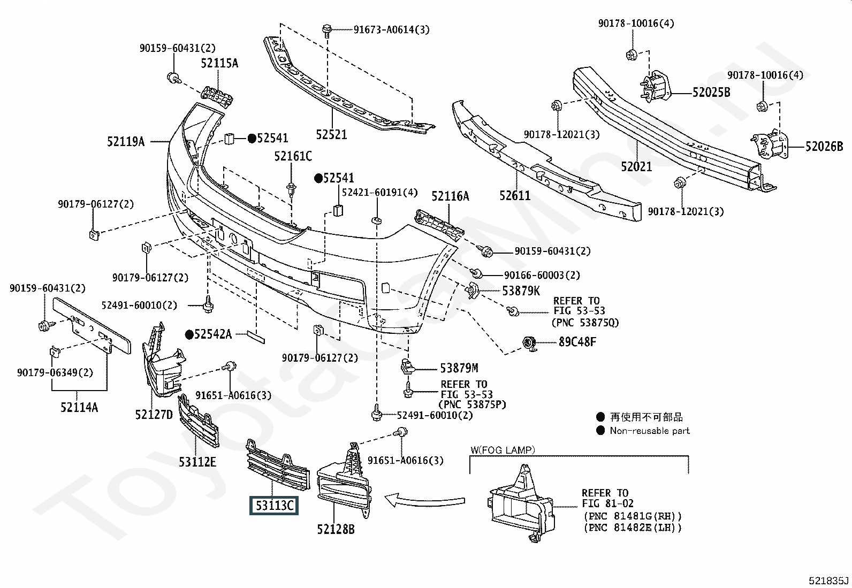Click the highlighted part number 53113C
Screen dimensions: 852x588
click(274, 506)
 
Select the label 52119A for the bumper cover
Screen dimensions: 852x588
click(126, 142)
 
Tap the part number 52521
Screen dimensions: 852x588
click(332, 134)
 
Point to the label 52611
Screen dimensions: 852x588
click(515, 195)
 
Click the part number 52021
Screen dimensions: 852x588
click(636, 166)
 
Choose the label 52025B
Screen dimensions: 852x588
click(711, 93)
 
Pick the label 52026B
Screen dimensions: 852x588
click(824, 147)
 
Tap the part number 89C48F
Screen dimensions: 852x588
click(577, 342)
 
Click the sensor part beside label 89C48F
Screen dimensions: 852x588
click(529, 344)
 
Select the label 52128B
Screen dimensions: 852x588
click(336, 529)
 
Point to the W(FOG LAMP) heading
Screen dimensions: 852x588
click(503, 450)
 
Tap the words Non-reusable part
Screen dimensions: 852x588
click(650, 431)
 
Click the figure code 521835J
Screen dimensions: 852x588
click(829, 581)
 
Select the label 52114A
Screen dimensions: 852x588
click(79, 407)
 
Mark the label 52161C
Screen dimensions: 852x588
click(293, 156)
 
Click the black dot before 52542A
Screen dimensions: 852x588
click(189, 334)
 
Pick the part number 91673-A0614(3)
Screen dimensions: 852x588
click(391, 29)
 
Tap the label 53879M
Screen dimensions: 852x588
click(459, 368)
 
